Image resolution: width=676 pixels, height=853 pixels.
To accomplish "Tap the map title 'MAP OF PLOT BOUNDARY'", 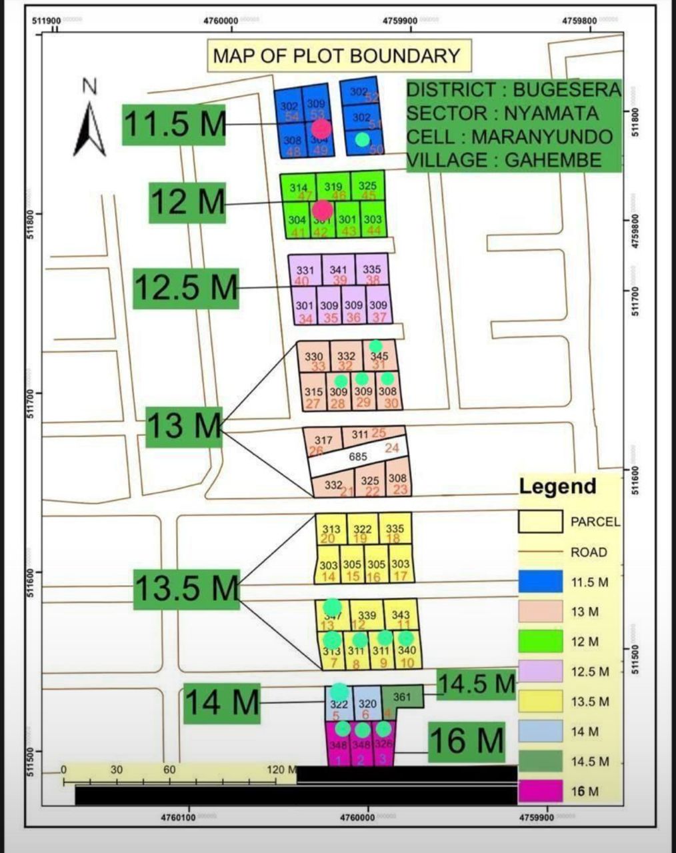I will (337, 55).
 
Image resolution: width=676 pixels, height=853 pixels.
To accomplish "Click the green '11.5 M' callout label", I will (175, 124).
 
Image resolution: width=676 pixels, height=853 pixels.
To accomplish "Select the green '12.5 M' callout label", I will (186, 288).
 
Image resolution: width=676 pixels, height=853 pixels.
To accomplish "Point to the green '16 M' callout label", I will (467, 741).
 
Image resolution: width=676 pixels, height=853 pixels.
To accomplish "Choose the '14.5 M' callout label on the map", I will (477, 684).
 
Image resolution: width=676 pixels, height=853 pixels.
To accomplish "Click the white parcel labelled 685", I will (359, 457).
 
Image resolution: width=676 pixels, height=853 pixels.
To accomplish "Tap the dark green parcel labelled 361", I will (402, 697).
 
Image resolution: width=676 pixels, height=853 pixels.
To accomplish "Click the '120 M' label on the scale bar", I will (281, 770).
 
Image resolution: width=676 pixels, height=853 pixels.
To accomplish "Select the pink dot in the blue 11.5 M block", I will (321, 129).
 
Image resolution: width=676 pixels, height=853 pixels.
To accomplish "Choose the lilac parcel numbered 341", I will (339, 272).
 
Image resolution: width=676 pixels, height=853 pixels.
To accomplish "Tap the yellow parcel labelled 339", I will (367, 618).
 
